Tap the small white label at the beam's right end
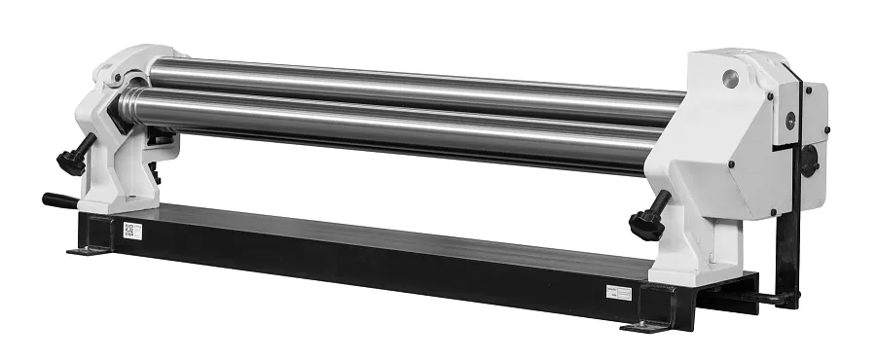pos(616,291)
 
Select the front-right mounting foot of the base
pos(643,324)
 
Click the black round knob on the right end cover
pos(809,162)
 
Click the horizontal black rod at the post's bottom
pos(769,300)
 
